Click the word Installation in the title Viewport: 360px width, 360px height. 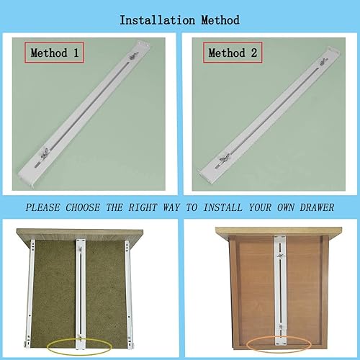[156, 20]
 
